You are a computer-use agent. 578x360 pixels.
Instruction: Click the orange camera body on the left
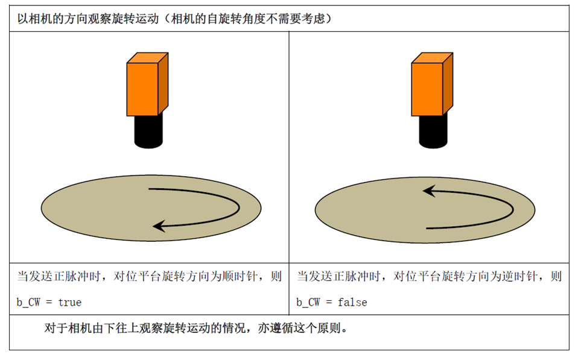[x=147, y=84]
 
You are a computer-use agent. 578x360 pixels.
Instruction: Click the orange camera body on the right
[x=432, y=84]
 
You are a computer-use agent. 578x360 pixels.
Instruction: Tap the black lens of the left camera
[x=148, y=131]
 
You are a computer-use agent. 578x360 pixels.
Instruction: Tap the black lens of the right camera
[x=433, y=131]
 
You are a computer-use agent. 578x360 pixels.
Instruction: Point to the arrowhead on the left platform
[x=159, y=226]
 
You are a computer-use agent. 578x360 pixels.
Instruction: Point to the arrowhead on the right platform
[x=430, y=191]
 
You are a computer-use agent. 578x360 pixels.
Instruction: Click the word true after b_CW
[x=69, y=303]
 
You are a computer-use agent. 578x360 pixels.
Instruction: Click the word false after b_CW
[x=352, y=303]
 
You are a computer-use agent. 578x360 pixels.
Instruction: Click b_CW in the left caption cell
[x=28, y=303]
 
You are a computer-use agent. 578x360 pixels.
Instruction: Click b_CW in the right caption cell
[x=308, y=303]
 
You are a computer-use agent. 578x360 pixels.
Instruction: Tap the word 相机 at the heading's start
[x=40, y=19]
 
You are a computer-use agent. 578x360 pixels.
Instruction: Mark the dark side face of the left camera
[x=164, y=84]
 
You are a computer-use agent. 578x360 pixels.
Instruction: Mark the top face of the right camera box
[x=432, y=58]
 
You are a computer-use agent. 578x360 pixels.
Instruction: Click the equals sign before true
[x=49, y=303]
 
